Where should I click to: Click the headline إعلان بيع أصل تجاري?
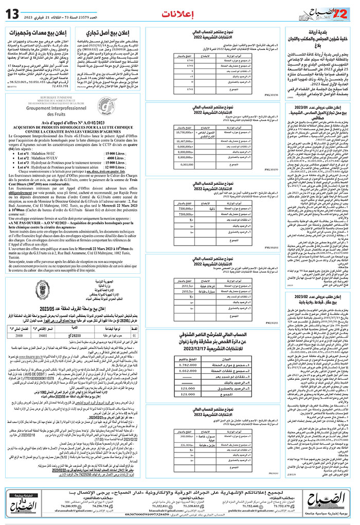click(108, 34)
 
